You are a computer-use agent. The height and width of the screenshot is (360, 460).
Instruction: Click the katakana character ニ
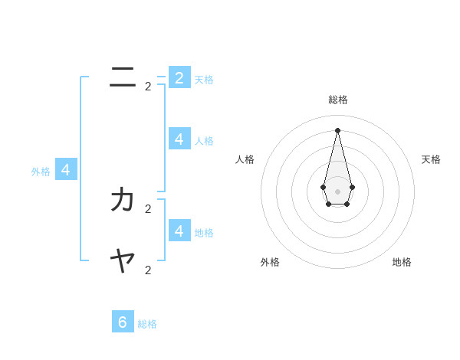click(123, 77)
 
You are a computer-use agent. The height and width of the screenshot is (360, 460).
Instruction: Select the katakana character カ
click(123, 200)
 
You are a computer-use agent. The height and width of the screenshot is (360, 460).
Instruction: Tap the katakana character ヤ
click(123, 262)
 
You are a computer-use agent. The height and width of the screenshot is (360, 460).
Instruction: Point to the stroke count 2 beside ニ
click(148, 87)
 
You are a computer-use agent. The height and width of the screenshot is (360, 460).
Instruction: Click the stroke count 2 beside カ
click(148, 208)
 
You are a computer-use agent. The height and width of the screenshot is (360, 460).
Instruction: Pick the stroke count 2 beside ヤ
click(148, 270)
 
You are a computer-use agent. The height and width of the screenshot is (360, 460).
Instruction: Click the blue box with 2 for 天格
click(179, 77)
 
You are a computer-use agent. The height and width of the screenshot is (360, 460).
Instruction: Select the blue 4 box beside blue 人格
click(179, 139)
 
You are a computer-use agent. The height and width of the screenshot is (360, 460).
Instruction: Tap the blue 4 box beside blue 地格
click(179, 230)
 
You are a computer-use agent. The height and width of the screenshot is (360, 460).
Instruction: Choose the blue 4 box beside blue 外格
click(66, 169)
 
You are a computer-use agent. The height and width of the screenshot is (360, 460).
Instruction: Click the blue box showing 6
click(123, 322)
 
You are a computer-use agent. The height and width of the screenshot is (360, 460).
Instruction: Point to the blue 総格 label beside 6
click(147, 324)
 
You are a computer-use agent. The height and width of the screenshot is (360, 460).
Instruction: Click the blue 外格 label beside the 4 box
click(41, 172)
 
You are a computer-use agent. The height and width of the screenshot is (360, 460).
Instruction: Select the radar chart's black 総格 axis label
click(337, 100)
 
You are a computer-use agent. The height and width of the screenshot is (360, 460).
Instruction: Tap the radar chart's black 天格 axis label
click(431, 159)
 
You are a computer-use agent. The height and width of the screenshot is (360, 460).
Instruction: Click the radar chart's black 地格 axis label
click(402, 262)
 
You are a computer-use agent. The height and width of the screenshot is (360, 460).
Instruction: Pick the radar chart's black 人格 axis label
click(245, 159)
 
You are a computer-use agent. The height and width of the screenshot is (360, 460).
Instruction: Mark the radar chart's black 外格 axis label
click(270, 262)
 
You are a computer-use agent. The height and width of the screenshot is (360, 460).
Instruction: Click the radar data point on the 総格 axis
click(337, 130)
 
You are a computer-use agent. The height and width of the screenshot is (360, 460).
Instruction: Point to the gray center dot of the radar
click(337, 191)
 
